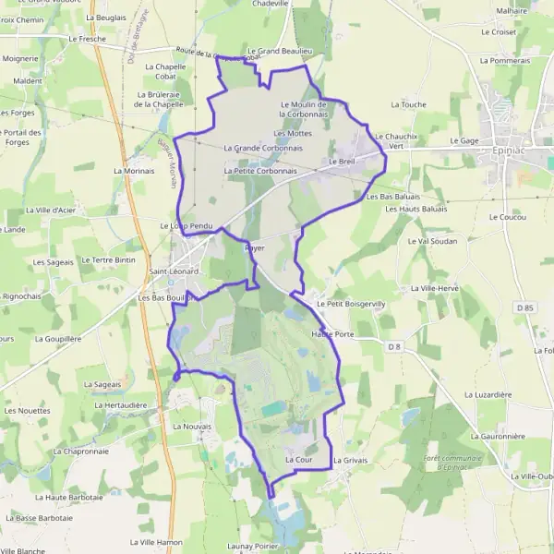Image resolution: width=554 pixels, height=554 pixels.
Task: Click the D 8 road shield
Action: tap(394, 346)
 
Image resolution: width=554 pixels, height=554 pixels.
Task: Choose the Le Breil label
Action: tap(342, 161)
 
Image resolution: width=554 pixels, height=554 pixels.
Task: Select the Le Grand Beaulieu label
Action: tap(277, 52)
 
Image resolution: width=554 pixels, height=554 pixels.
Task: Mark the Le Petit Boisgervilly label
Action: tap(350, 303)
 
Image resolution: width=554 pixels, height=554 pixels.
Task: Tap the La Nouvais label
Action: tap(192, 427)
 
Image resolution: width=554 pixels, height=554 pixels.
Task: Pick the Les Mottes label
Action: tap(293, 133)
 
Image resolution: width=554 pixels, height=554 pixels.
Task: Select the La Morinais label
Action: tap(134, 171)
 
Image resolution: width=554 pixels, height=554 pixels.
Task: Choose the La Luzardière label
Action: tap(489, 394)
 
